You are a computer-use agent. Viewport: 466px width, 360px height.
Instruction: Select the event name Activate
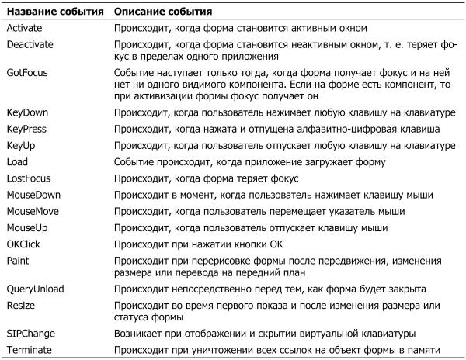click(25, 28)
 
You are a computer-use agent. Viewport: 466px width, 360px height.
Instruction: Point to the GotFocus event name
click(27, 72)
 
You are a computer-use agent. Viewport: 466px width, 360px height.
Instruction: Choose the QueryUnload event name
click(36, 289)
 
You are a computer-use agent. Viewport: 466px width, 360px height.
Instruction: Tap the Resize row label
click(21, 305)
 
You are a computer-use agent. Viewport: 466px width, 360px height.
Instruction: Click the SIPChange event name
click(31, 334)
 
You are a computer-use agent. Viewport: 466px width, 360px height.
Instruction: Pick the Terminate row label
click(30, 350)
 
